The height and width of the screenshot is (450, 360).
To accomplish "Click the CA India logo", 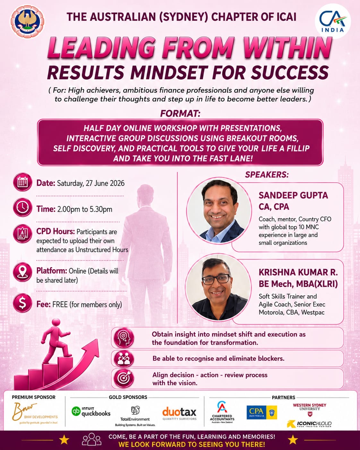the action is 333,21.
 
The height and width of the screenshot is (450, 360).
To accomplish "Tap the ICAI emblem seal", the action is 27,22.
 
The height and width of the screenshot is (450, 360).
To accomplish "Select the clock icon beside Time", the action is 22,207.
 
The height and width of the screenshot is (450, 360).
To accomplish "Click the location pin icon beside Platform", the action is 22,272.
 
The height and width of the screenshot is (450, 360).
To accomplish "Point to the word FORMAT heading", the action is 180,114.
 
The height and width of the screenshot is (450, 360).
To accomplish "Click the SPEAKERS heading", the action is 267,175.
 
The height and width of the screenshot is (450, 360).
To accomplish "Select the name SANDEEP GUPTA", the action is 293,195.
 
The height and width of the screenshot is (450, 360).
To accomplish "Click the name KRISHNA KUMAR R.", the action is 298,272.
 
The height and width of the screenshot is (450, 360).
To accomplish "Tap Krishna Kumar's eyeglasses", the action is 216,279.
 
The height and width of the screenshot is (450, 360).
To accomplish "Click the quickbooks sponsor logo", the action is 91,411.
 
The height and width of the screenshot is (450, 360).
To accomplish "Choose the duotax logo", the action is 179,413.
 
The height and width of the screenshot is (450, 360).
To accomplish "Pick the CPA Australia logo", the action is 262,412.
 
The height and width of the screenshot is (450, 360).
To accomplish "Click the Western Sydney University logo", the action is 309,410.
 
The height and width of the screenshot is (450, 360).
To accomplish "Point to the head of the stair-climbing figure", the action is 56,323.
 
